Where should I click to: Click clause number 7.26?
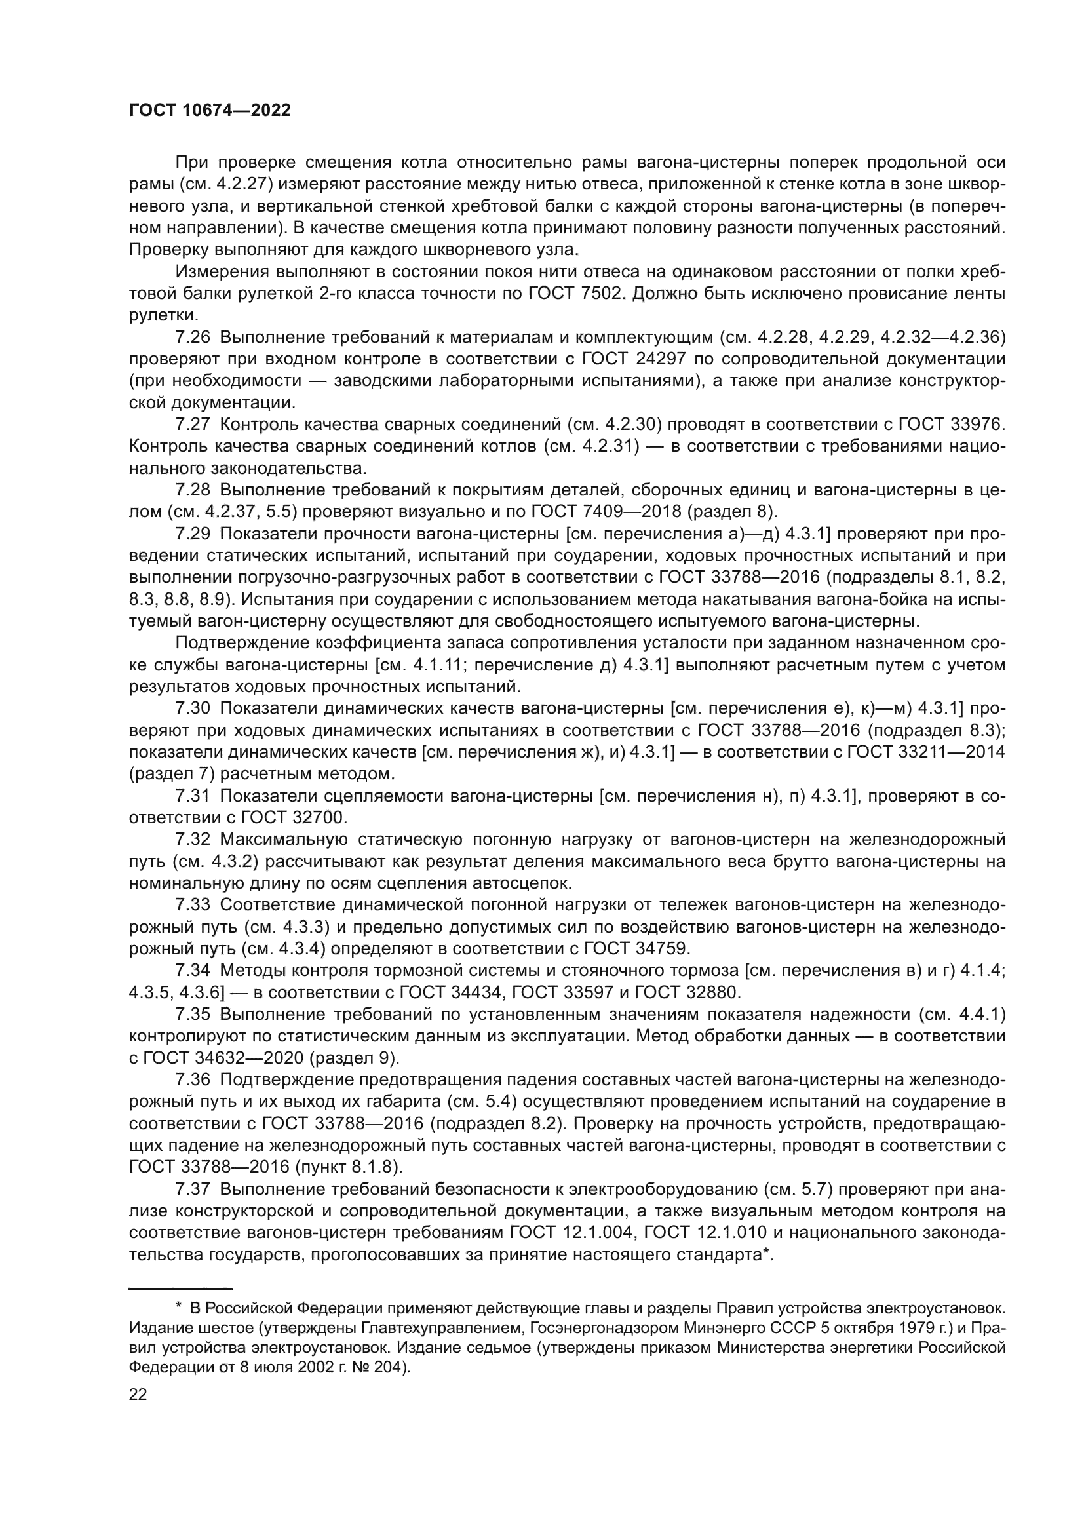(x=192, y=337)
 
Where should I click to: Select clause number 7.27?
(x=192, y=424)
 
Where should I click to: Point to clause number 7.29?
(x=192, y=534)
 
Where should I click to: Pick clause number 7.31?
(x=192, y=795)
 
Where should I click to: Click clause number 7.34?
(x=192, y=970)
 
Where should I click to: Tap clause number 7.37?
(x=192, y=1189)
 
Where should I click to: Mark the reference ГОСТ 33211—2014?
(x=925, y=752)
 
